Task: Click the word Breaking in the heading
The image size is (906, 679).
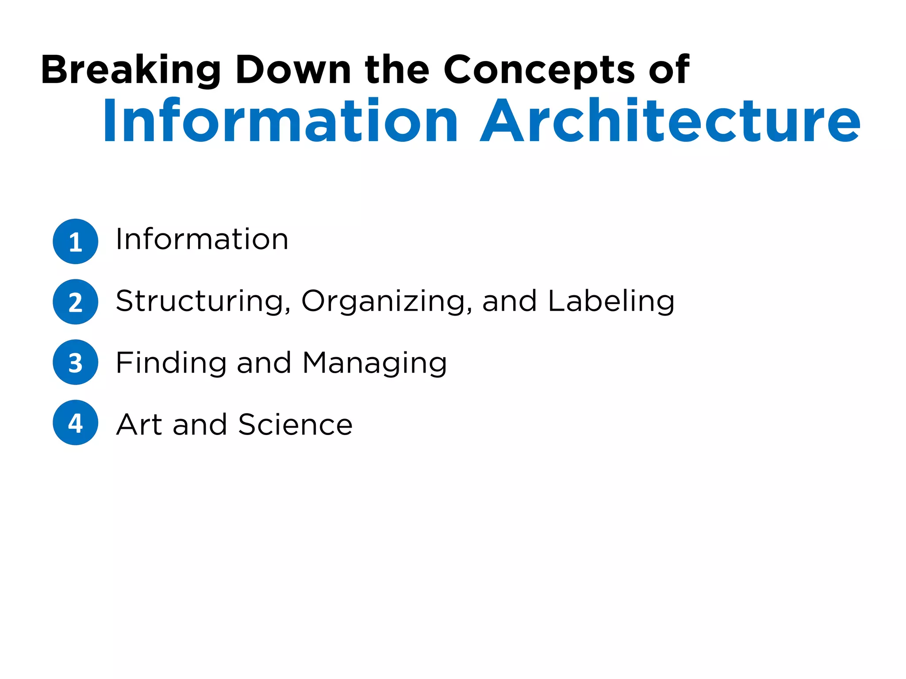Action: (131, 70)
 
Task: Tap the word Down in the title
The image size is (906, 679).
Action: (293, 70)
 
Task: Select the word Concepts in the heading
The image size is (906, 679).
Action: (539, 70)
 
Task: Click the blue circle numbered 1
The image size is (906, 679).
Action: (76, 241)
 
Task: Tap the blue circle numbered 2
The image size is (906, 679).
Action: (76, 302)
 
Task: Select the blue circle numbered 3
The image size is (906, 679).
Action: (76, 362)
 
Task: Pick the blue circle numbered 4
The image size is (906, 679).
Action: (76, 423)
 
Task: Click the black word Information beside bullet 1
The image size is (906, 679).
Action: (202, 239)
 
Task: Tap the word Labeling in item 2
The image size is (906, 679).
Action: (611, 302)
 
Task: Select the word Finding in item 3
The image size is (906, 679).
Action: (171, 363)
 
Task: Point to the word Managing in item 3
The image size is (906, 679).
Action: (375, 363)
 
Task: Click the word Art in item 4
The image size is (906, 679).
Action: (139, 424)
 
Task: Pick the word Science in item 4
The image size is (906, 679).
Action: (295, 424)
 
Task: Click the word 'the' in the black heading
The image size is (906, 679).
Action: (397, 70)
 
